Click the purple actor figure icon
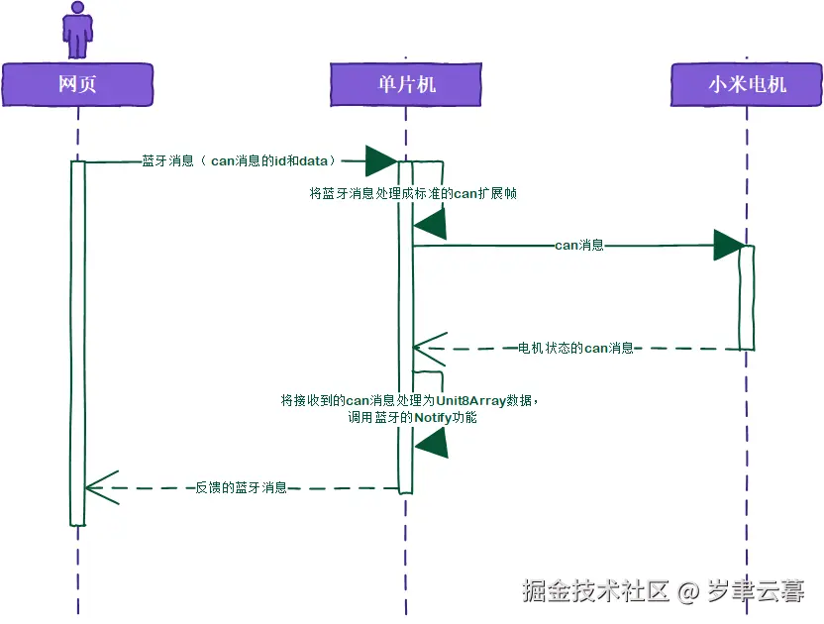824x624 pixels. click(77, 29)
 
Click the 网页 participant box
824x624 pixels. click(77, 85)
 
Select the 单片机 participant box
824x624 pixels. click(406, 85)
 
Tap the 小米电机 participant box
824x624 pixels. click(747, 85)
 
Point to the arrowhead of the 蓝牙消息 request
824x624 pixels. click(381, 159)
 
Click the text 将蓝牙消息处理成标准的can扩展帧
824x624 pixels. click(413, 193)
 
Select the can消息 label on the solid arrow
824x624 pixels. click(579, 245)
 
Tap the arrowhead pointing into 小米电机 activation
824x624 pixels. click(728, 245)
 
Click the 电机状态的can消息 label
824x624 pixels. click(575, 349)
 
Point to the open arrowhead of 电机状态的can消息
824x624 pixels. click(426, 349)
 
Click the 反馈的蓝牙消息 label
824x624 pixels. click(242, 487)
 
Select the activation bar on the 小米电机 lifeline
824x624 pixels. click(747, 297)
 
